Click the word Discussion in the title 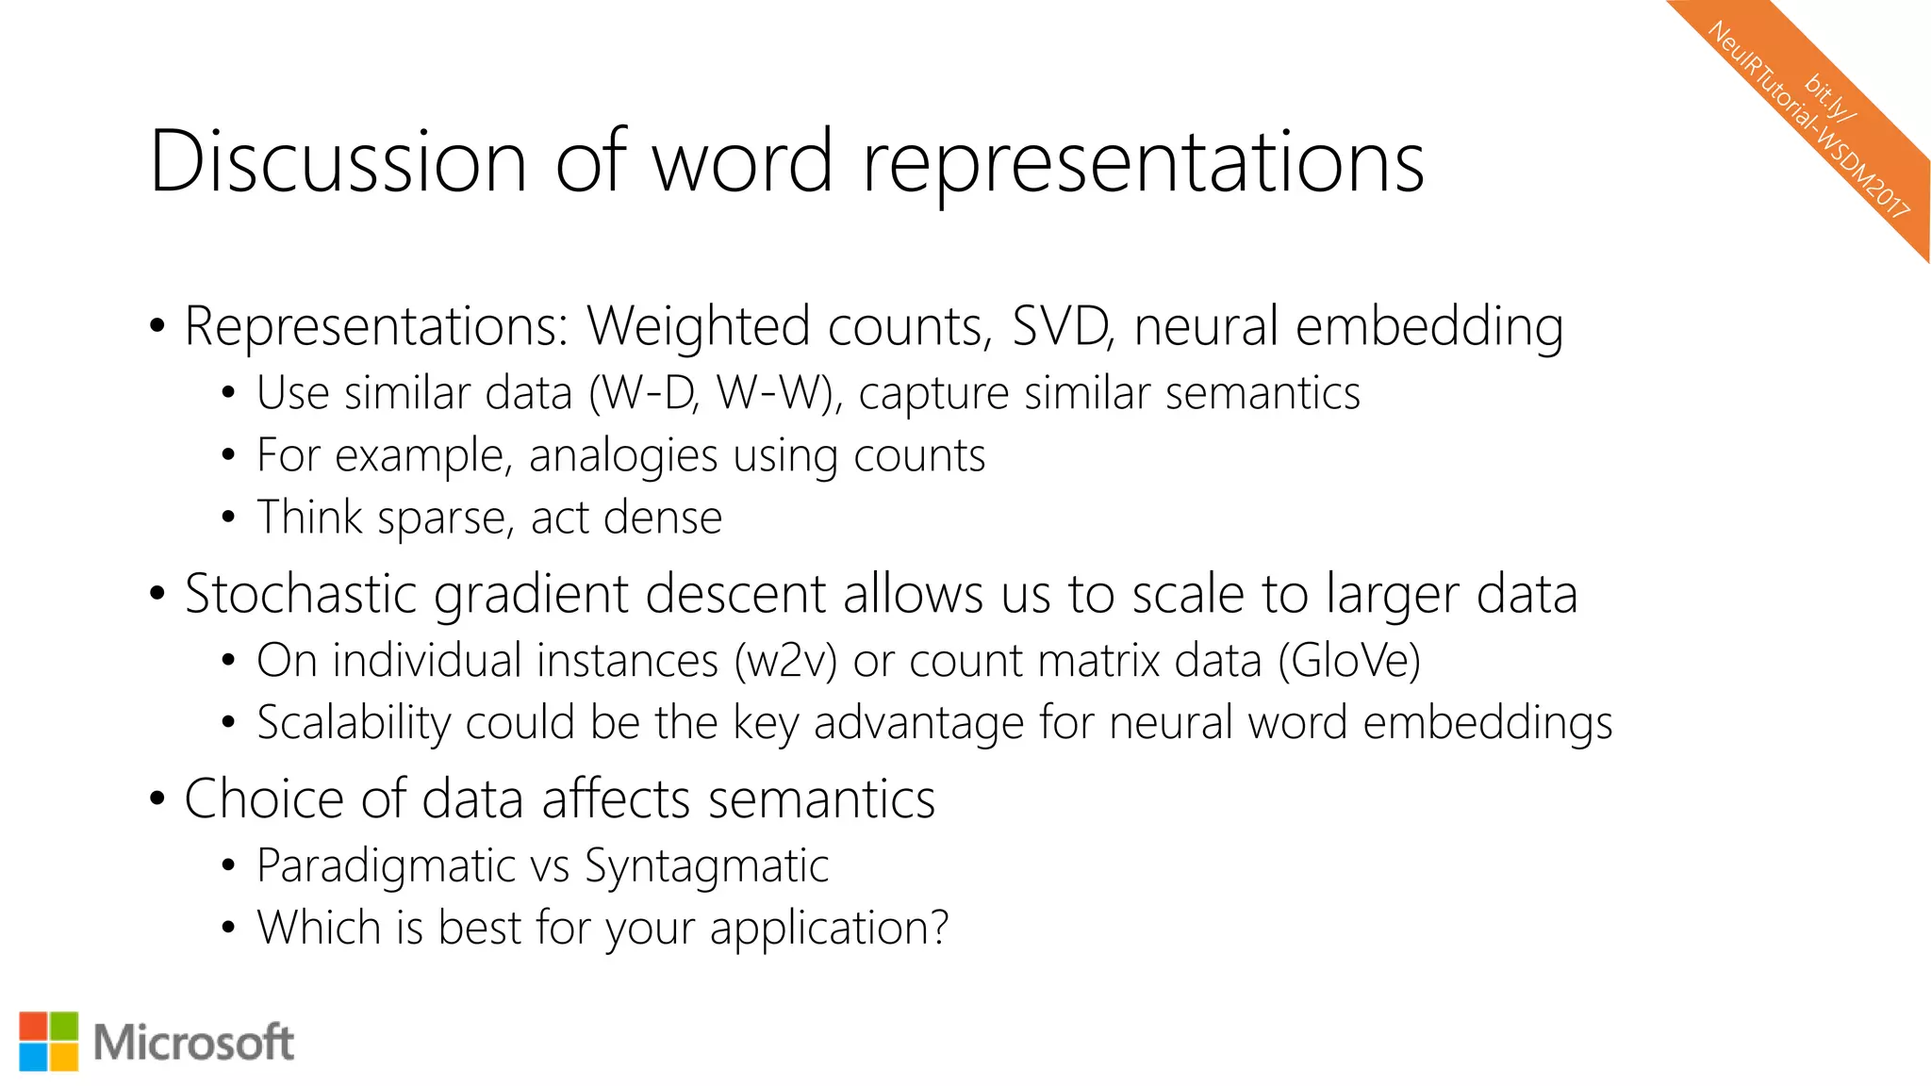338,161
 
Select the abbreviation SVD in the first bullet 1062,326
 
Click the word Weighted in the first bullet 698,328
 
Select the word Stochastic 301,595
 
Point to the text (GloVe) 1349,660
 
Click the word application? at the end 829,930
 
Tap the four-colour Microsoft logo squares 49,1042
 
